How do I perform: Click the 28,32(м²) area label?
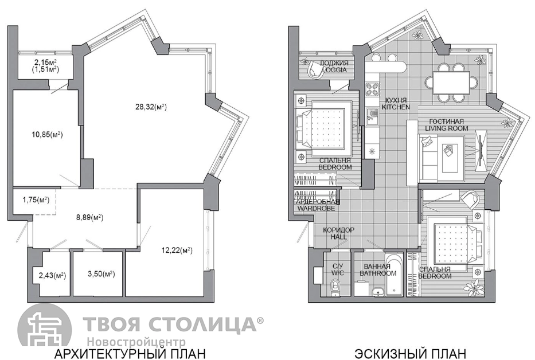click(151, 107)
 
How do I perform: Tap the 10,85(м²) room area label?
click(47, 135)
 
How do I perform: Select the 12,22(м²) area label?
click(177, 251)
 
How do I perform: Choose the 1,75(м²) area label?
click(36, 200)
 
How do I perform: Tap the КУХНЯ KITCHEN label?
click(396, 103)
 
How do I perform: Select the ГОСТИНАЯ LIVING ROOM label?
click(446, 124)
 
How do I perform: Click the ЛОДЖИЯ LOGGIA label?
click(334, 66)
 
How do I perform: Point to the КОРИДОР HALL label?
click(338, 233)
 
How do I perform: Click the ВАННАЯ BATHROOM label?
click(378, 269)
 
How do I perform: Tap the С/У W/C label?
click(338, 269)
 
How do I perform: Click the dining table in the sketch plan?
click(451, 83)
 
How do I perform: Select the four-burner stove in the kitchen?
click(372, 89)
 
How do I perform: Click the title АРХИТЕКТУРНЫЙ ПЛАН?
click(130, 353)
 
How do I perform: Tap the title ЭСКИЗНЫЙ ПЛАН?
click(410, 353)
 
